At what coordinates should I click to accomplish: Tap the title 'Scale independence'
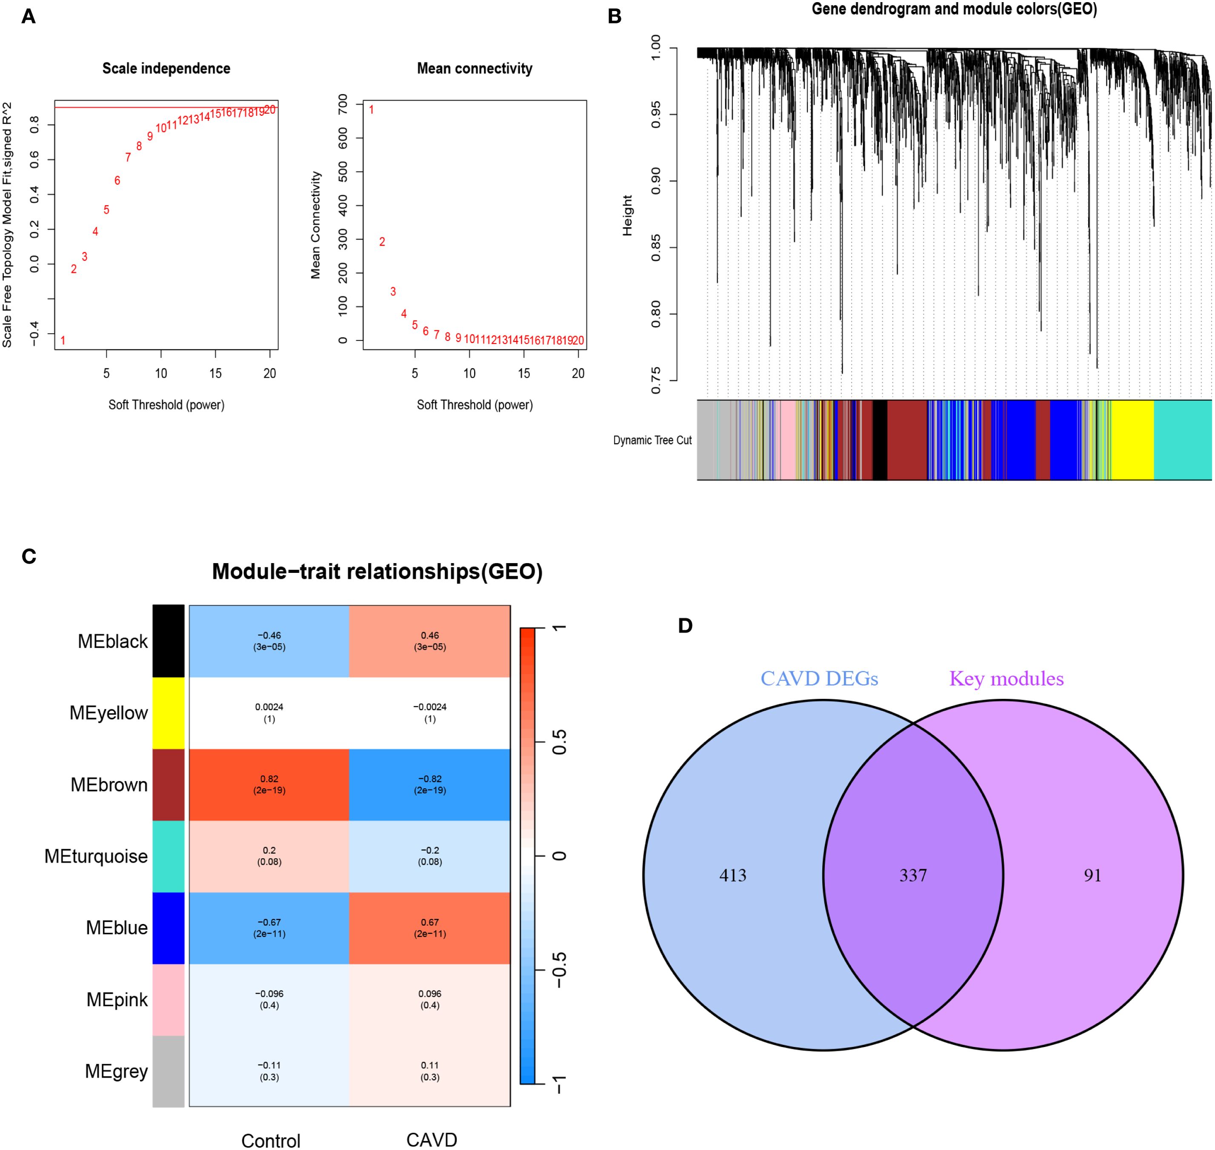(166, 69)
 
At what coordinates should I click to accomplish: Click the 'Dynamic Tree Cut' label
(652, 440)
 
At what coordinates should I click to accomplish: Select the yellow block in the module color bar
(1133, 440)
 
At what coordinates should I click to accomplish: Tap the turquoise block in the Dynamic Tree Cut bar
(1183, 440)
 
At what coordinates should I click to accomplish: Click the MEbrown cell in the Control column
(269, 785)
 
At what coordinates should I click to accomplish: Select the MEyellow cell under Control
(269, 713)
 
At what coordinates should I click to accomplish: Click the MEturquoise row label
(96, 856)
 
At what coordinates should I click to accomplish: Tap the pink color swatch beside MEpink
(169, 1000)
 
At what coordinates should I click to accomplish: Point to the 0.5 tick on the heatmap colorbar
(559, 742)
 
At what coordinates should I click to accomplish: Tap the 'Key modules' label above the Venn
(1006, 678)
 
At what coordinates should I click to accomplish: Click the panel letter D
(685, 626)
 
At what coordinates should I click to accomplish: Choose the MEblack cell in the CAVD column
(430, 641)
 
